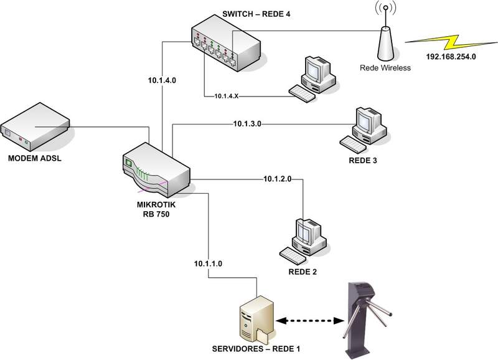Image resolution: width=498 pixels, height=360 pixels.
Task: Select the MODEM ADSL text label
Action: [35, 159]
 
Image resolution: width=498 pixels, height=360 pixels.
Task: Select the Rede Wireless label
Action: [385, 67]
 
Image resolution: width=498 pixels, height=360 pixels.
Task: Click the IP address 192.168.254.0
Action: [451, 57]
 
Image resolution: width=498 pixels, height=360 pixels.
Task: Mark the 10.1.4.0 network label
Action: [162, 80]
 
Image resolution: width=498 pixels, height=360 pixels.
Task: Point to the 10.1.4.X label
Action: [227, 97]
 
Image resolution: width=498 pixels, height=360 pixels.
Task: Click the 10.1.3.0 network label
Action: [248, 124]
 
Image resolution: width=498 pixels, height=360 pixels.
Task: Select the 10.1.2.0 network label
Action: [278, 179]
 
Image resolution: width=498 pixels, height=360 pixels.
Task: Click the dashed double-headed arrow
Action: [308, 322]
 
